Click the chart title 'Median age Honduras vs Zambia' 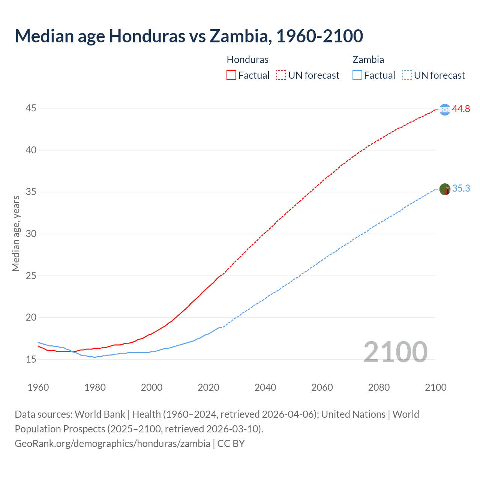point(189,36)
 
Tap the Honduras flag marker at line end point(445,109)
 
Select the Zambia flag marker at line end point(445,189)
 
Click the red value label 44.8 point(461,109)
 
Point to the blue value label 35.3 point(461,189)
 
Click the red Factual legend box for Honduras point(231,75)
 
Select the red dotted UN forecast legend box point(281,75)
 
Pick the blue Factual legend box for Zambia point(357,75)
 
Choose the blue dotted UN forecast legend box point(407,75)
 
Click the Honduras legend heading point(247,60)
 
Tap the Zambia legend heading point(368,60)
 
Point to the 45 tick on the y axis point(31,108)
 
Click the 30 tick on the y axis point(31,234)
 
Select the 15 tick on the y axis point(31,359)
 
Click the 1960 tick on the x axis point(38,387)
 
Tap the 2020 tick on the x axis point(208,387)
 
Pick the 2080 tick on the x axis point(379,387)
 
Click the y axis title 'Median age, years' point(16,233)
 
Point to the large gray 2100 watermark point(395,352)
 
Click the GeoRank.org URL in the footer point(112,444)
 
